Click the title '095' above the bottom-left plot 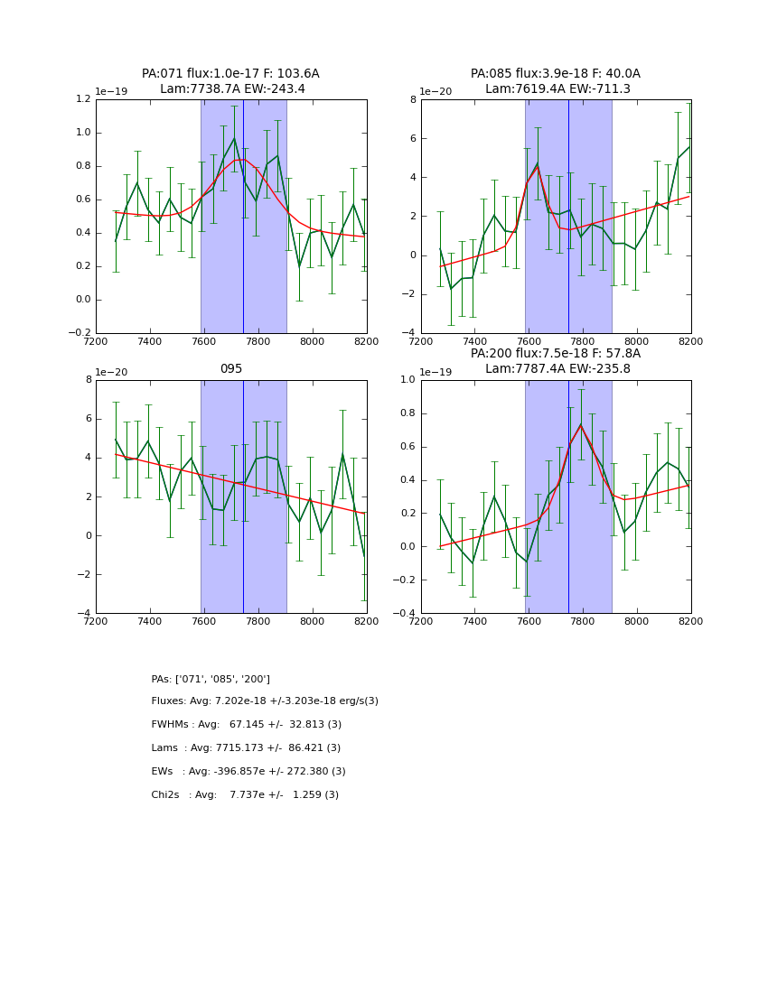point(231,369)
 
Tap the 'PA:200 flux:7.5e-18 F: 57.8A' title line point(556,354)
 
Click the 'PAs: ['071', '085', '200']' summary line point(211,679)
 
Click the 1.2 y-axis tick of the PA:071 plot point(83,99)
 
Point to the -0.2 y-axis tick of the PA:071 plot point(80,333)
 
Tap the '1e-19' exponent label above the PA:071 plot point(111,91)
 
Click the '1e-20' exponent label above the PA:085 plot point(436,91)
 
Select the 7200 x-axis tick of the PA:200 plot point(421,621)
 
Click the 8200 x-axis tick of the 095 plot point(366,621)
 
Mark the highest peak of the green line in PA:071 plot point(234,138)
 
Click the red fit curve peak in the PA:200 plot point(581,424)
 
